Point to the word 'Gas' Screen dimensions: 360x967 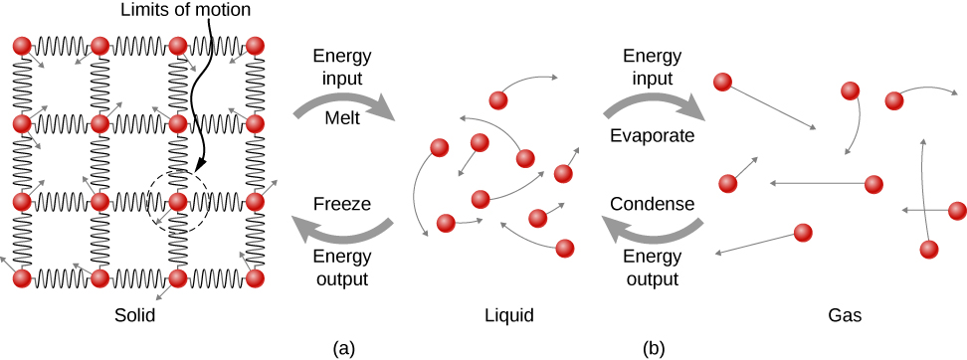pos(845,315)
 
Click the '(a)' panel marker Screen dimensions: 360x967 pos(343,347)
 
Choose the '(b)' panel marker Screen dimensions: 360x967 pos(654,347)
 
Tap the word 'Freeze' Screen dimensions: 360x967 pos(341,203)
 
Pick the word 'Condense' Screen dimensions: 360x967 pos(652,203)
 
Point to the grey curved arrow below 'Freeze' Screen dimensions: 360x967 pos(343,231)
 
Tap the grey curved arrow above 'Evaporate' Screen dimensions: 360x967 pos(654,99)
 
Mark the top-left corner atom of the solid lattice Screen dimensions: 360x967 pos(21,47)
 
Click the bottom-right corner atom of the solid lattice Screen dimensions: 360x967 pos(255,278)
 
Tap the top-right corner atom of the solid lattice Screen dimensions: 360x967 pos(255,47)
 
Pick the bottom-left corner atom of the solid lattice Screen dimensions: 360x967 pos(21,278)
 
